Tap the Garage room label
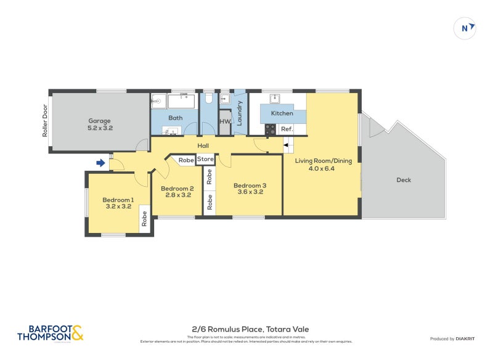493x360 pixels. tap(100, 125)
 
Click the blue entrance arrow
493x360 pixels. tap(100, 163)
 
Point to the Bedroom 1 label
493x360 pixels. tap(117, 203)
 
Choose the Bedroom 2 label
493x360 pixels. tap(177, 192)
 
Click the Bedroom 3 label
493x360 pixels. tap(250, 189)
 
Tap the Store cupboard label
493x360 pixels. tap(205, 160)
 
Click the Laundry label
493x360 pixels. tap(240, 112)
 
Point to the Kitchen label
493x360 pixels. tap(282, 113)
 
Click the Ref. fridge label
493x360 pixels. tap(287, 129)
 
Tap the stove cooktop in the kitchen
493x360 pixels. tap(270, 129)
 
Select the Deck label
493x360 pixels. tap(404, 180)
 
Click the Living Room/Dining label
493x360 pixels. tap(323, 165)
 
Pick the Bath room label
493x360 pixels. tap(175, 118)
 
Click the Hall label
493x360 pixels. tap(203, 146)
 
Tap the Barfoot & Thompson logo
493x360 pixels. tap(50, 333)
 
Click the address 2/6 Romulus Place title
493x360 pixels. tap(246, 330)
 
